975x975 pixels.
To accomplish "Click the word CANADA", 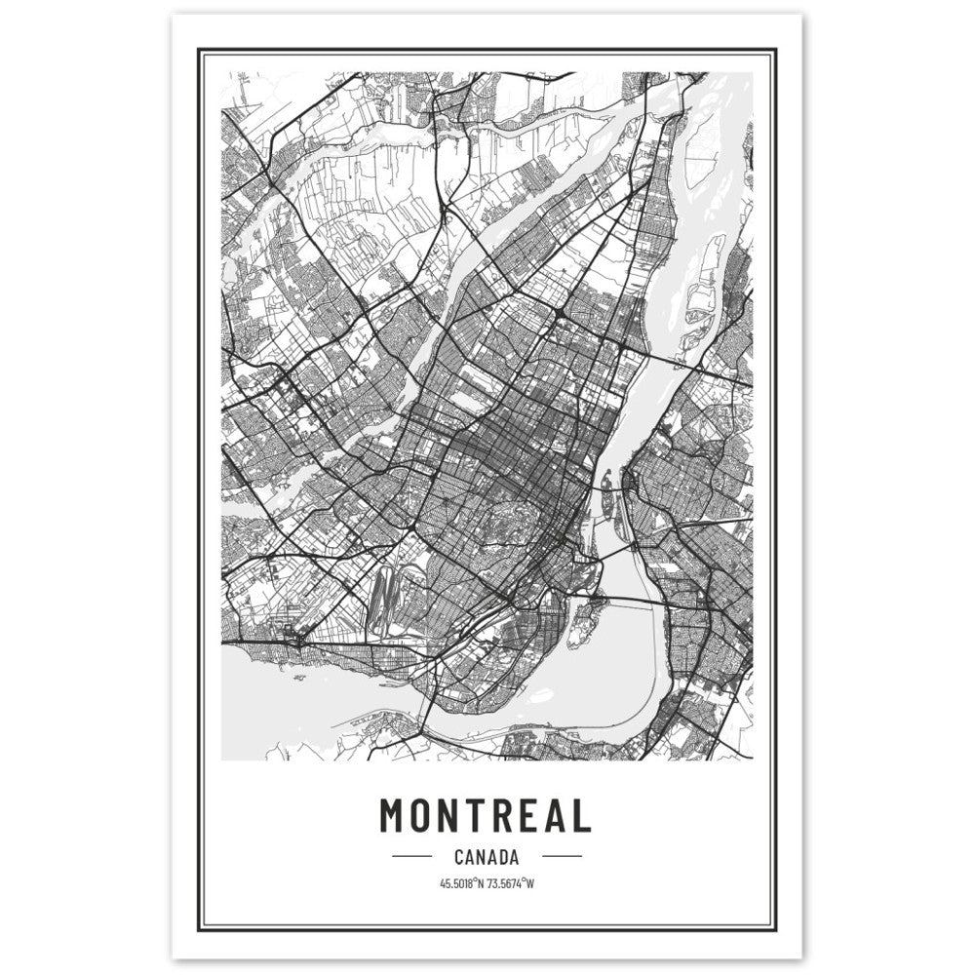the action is [x=486, y=858].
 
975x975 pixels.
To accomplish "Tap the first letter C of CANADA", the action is [x=459, y=858].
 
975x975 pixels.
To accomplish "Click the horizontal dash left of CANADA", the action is [x=411, y=858].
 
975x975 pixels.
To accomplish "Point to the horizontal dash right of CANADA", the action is [x=561, y=858].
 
